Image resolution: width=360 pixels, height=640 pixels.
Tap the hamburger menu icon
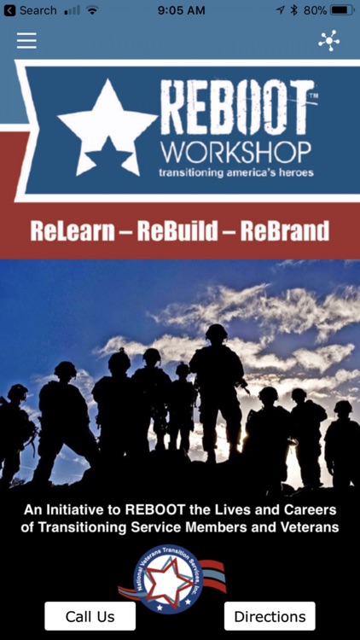[x=26, y=41]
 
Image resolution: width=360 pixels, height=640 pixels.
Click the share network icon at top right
[x=328, y=41]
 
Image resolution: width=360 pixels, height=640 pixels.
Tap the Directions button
[x=270, y=616]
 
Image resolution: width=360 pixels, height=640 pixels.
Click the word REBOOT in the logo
[x=237, y=108]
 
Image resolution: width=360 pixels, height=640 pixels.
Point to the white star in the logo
[x=107, y=127]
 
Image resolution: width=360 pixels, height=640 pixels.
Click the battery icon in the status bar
[x=342, y=10]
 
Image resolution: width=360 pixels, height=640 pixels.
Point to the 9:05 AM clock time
[x=182, y=10]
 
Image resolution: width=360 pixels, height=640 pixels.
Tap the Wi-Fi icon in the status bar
[x=92, y=10]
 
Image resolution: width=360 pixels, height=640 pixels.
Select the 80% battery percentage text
[x=314, y=10]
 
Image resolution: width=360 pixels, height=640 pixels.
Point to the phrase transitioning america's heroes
[x=236, y=172]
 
